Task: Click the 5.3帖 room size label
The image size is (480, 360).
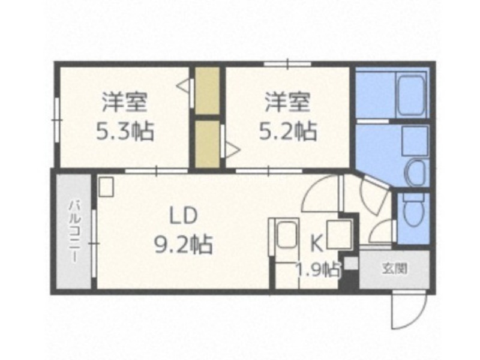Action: [x=125, y=131]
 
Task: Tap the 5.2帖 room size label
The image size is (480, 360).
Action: [x=288, y=131]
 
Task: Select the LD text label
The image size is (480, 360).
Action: [x=183, y=216]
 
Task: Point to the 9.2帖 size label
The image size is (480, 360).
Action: [x=183, y=244]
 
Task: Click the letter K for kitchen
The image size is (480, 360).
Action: [x=317, y=244]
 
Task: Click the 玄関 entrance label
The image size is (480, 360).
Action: [x=395, y=269]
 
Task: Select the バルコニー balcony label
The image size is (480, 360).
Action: [x=73, y=232]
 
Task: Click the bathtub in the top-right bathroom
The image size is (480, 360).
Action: [x=411, y=95]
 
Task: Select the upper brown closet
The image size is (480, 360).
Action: [x=208, y=91]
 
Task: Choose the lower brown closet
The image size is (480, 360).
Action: [x=208, y=144]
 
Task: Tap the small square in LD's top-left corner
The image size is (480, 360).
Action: [x=106, y=187]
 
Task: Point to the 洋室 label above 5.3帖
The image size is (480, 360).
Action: [x=125, y=102]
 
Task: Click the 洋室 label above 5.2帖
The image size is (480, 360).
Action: [x=288, y=102]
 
